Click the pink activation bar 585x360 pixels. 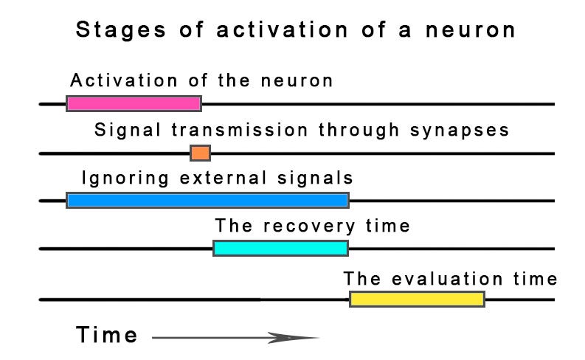pos(134,104)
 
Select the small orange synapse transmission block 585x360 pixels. pos(201,153)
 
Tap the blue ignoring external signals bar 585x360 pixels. pos(208,201)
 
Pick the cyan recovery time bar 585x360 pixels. pos(281,249)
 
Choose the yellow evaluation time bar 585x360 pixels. pos(417,300)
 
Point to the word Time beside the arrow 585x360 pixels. pos(107,335)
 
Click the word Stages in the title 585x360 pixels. pos(121,30)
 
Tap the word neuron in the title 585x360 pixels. pos(471,30)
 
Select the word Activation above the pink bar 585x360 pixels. pos(124,80)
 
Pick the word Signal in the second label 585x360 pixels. pos(128,131)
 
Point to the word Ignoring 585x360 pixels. pos(125,179)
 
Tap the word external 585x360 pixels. pos(224,178)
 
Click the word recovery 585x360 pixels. pos(309,226)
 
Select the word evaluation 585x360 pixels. pos(447,279)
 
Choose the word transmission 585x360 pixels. pos(240,130)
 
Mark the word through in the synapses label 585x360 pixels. pos(359,131)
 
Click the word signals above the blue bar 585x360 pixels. pos(315,179)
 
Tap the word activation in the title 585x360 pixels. pos(282,30)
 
